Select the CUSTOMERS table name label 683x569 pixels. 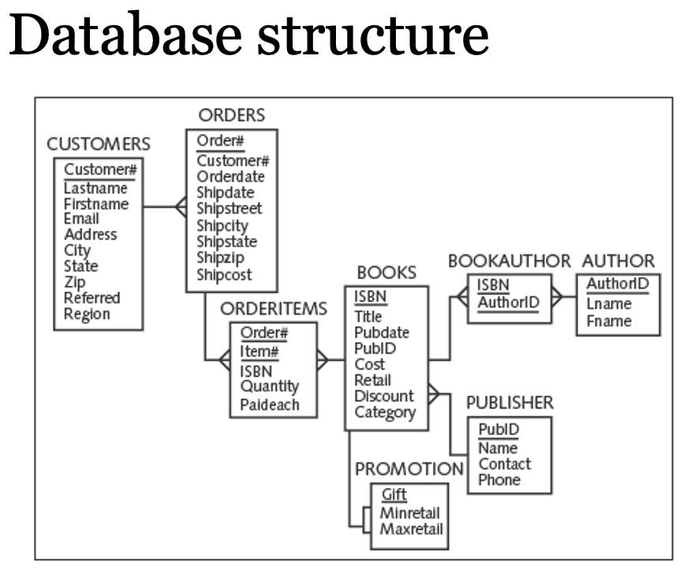pyautogui.click(x=99, y=144)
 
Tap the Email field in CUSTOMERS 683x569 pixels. pyautogui.click(x=81, y=218)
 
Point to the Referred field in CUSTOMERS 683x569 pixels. pyautogui.click(x=91, y=298)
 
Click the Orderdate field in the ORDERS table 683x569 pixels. pyautogui.click(x=230, y=177)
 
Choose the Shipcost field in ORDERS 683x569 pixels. pyautogui.click(x=224, y=274)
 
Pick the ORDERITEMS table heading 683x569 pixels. pyautogui.click(x=273, y=308)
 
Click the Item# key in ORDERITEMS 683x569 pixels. pyautogui.click(x=259, y=351)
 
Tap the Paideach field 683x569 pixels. pyautogui.click(x=269, y=405)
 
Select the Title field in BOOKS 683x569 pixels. pyautogui.click(x=368, y=316)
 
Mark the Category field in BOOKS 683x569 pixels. pyautogui.click(x=384, y=411)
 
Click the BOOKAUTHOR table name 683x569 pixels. pyautogui.click(x=509, y=261)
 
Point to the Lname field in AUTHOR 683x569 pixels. pyautogui.click(x=608, y=304)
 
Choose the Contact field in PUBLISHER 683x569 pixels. pyautogui.click(x=505, y=463)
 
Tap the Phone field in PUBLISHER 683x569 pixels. pyautogui.click(x=499, y=480)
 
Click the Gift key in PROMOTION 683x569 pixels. pyautogui.click(x=394, y=496)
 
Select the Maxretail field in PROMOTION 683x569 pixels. pyautogui.click(x=411, y=529)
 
